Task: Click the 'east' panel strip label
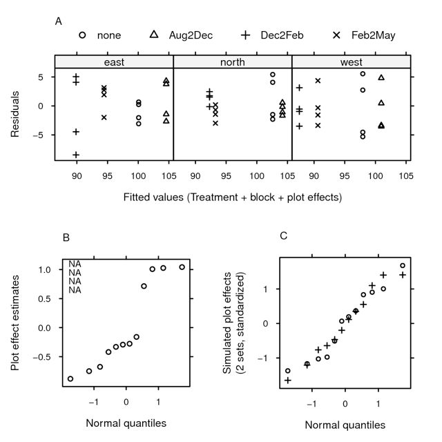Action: coord(114,62)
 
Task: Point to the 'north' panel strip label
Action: coord(233,62)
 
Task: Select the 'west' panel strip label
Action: coord(352,62)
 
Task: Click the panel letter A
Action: coord(59,21)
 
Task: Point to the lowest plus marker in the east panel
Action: coord(76,155)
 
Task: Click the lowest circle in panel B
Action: coord(70,378)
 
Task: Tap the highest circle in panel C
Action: coord(403,266)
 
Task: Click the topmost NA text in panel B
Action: coord(75,264)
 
